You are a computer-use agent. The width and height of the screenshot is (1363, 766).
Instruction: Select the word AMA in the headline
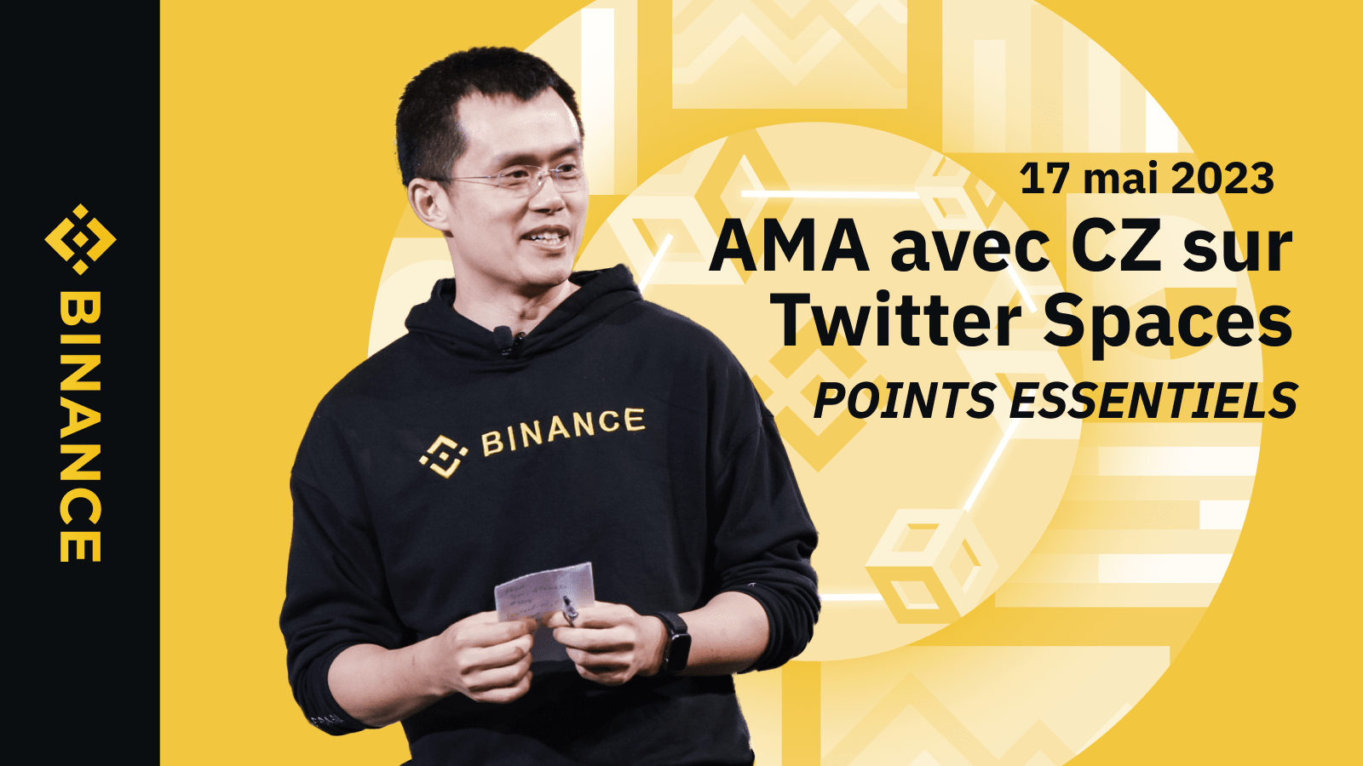(x=789, y=246)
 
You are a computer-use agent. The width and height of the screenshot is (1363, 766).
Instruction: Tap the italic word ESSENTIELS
(x=1153, y=401)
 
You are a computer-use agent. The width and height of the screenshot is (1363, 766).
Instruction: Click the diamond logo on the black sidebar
(x=80, y=239)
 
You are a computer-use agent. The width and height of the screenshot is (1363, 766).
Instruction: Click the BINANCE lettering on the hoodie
(x=563, y=431)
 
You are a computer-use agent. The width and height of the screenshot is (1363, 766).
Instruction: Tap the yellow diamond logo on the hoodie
(x=443, y=456)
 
